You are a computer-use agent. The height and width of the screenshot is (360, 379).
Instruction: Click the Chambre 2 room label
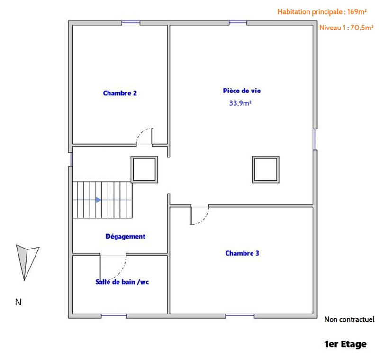point(120,93)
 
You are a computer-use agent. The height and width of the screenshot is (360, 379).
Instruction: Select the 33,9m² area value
point(240,103)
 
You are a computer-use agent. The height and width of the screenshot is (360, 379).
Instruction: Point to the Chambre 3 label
point(242,253)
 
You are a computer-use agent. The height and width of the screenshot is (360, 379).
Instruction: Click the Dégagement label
point(125,236)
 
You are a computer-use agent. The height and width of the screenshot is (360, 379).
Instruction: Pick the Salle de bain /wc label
point(123,282)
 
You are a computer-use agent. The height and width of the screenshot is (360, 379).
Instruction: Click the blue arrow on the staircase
point(98,200)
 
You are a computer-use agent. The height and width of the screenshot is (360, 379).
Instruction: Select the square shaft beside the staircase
point(144,169)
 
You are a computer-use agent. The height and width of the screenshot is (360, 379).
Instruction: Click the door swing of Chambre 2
point(144,136)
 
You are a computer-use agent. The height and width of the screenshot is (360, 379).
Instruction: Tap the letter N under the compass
point(18,302)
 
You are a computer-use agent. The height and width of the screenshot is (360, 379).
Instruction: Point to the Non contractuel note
point(349,319)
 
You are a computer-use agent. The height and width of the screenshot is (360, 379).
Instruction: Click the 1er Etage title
point(345,344)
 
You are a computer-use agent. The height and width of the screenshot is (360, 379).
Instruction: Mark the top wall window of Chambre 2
point(131,22)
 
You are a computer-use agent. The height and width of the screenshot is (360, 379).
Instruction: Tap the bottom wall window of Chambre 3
point(239,315)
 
